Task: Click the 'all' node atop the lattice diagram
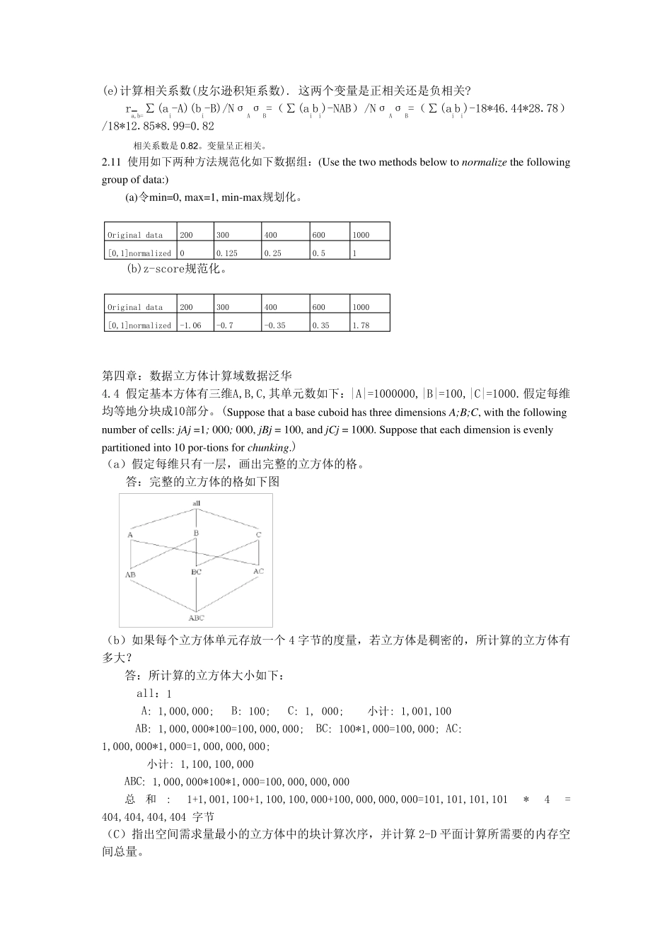point(197,503)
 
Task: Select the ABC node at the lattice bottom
point(197,618)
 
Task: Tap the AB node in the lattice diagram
point(130,575)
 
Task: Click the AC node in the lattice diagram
point(258,571)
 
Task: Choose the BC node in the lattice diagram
point(196,571)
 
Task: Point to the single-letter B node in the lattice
point(196,533)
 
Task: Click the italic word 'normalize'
point(484,162)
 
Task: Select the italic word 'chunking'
point(268,447)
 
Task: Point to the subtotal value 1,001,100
point(426,711)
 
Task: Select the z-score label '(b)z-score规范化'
point(176,270)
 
